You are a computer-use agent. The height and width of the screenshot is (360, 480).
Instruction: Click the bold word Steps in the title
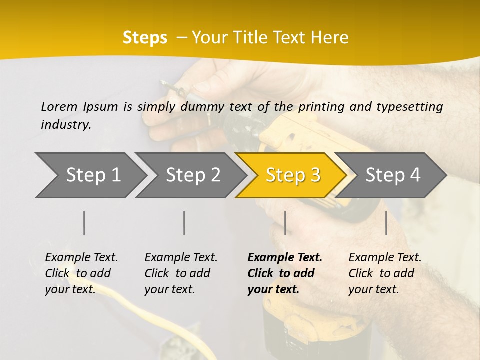(x=145, y=37)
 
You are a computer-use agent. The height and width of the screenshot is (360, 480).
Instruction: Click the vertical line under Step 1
(x=84, y=223)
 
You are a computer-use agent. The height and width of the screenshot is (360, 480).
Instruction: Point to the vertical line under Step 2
(x=184, y=223)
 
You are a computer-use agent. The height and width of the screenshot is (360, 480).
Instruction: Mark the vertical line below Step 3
(x=285, y=223)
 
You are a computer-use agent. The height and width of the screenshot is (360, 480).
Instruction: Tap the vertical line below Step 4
(x=386, y=223)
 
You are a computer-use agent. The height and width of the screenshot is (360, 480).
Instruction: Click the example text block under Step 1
(x=81, y=273)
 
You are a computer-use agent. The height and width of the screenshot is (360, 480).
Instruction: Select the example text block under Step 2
(x=181, y=273)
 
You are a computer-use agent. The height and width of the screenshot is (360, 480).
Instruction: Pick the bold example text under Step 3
(x=285, y=273)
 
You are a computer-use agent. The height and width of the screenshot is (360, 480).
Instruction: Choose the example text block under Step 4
(x=385, y=273)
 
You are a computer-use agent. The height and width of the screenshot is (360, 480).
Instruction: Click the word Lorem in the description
(x=59, y=106)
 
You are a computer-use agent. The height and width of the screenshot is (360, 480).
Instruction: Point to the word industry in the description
(x=66, y=124)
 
